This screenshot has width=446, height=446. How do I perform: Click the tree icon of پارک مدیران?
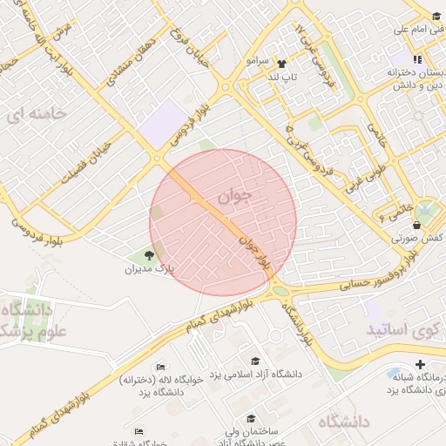(x=149, y=255)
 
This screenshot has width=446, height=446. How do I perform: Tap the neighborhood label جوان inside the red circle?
(x=236, y=197)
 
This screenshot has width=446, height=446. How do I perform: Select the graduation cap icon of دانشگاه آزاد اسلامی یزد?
(x=254, y=361)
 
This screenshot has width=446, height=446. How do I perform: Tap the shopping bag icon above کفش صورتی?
(x=417, y=225)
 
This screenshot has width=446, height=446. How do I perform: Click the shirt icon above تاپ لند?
(x=281, y=64)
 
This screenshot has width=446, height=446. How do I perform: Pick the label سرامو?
(x=260, y=62)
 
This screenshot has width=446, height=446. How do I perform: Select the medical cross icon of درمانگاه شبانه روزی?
(x=422, y=364)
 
